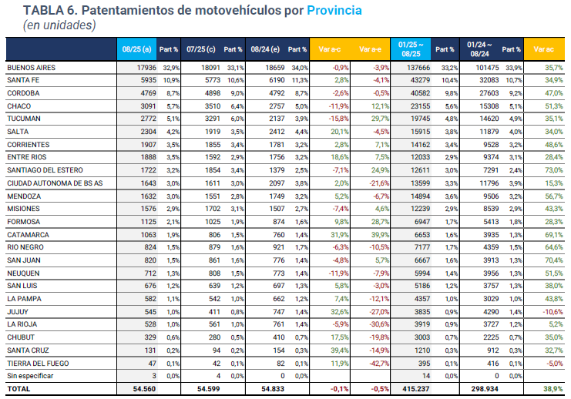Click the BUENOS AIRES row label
31,68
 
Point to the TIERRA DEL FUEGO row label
38,363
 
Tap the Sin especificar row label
30,376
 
